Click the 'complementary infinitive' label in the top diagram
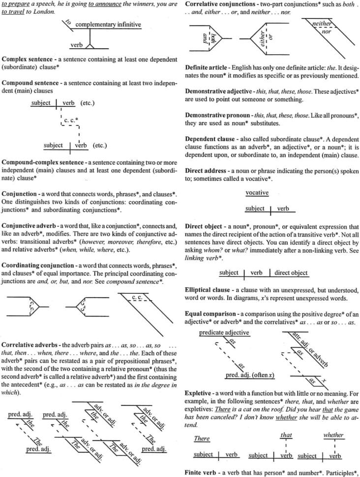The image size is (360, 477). click(108, 25)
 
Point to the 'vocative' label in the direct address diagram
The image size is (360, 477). click(257, 193)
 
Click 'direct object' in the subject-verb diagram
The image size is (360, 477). click(291, 272)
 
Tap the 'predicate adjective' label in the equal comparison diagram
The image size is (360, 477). click(224, 333)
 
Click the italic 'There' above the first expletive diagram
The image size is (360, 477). click(202, 439)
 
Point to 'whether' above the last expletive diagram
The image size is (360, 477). click(333, 435)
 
